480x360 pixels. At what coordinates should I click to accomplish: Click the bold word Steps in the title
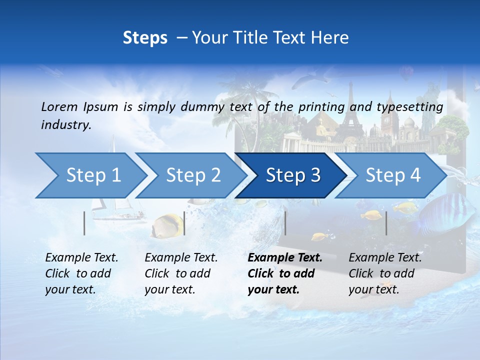[145, 37]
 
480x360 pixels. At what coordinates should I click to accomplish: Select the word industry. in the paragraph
[66, 124]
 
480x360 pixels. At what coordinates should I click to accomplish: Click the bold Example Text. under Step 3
[285, 258]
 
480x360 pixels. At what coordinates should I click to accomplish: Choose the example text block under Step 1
[81, 273]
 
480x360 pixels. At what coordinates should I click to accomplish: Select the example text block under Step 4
[385, 273]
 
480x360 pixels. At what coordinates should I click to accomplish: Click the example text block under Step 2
[181, 273]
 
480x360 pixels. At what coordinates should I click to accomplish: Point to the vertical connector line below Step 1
[84, 223]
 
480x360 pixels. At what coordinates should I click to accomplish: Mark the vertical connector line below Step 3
[285, 223]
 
